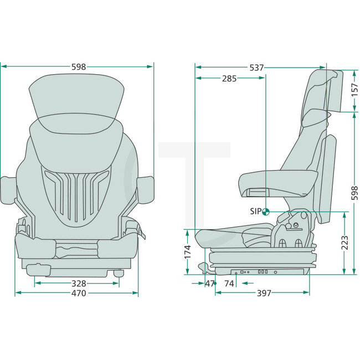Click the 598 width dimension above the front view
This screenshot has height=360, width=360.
pyautogui.click(x=79, y=66)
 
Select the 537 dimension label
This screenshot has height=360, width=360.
pyautogui.click(x=256, y=67)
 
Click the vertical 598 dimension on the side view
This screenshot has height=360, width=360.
pyautogui.click(x=355, y=192)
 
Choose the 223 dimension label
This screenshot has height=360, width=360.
pyautogui.click(x=344, y=242)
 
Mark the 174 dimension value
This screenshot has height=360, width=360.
pyautogui.click(x=187, y=251)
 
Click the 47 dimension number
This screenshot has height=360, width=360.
pyautogui.click(x=209, y=284)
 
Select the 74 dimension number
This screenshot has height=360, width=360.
pyautogui.click(x=229, y=284)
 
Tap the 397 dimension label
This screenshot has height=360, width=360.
pyautogui.click(x=265, y=293)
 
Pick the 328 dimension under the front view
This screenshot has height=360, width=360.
pyautogui.click(x=78, y=284)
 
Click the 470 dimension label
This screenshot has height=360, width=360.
pyautogui.click(x=78, y=293)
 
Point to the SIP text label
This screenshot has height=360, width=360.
pyautogui.click(x=255, y=211)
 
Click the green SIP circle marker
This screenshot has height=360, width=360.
pyautogui.click(x=265, y=211)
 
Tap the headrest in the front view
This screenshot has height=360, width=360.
pyautogui.click(x=76, y=97)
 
